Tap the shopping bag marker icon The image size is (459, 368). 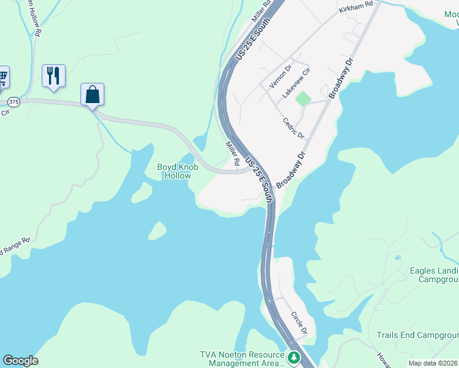pos(92,95)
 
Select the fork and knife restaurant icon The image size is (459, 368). pos(53,76)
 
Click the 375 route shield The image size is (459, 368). pos(13,102)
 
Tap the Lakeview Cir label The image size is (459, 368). pos(296,85)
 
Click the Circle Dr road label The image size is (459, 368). pos(299,323)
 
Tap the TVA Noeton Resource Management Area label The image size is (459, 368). pos(242,359)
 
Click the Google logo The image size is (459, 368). pos(20,361)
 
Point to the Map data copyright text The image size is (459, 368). pos(433,363)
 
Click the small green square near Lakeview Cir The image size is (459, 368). pos(303,98)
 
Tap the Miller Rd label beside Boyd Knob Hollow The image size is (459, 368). pos(232,153)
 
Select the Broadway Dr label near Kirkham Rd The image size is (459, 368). pos(342,78)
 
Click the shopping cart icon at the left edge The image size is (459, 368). pos(2,77)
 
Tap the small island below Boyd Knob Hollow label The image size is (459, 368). pos(156,231)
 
